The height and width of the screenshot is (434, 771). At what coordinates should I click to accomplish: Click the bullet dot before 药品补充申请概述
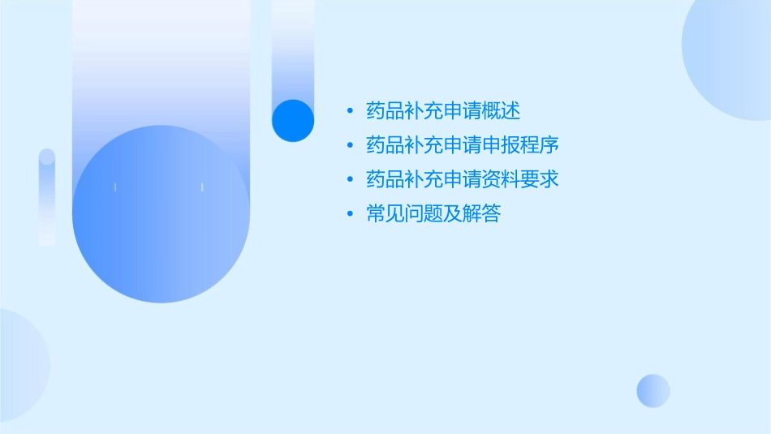click(x=350, y=110)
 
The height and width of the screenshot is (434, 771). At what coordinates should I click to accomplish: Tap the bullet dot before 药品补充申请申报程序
click(x=350, y=145)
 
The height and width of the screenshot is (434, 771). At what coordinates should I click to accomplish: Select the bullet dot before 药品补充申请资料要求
click(x=350, y=179)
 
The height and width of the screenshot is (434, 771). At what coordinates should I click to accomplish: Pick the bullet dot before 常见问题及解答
click(x=350, y=214)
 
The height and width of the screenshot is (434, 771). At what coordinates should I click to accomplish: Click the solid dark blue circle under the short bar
click(x=293, y=120)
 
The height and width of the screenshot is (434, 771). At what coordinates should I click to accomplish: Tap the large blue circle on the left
click(x=161, y=215)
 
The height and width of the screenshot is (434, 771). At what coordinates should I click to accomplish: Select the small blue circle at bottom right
click(x=653, y=390)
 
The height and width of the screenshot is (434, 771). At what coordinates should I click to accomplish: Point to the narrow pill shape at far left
click(x=47, y=197)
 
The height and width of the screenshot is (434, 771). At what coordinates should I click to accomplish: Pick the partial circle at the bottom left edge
click(x=20, y=365)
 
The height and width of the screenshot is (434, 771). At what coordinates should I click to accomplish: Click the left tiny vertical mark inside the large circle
click(x=115, y=187)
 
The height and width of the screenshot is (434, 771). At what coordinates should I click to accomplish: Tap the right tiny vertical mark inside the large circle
click(x=202, y=187)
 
